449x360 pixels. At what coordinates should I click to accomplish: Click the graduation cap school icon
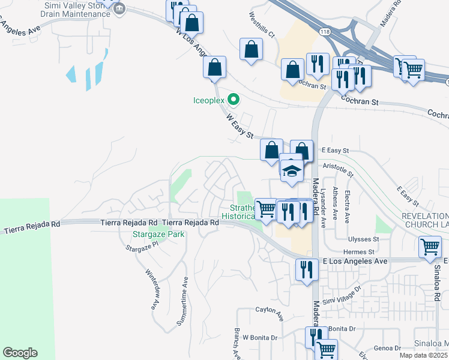pos(292,170)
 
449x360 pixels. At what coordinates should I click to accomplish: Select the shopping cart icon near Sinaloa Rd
pos(430,247)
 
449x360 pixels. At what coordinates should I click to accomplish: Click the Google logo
pos(20,353)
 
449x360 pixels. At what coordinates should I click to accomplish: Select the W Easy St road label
pos(241,127)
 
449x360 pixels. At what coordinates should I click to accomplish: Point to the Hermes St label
pos(359,253)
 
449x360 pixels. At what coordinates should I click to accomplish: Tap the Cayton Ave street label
pos(269,311)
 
